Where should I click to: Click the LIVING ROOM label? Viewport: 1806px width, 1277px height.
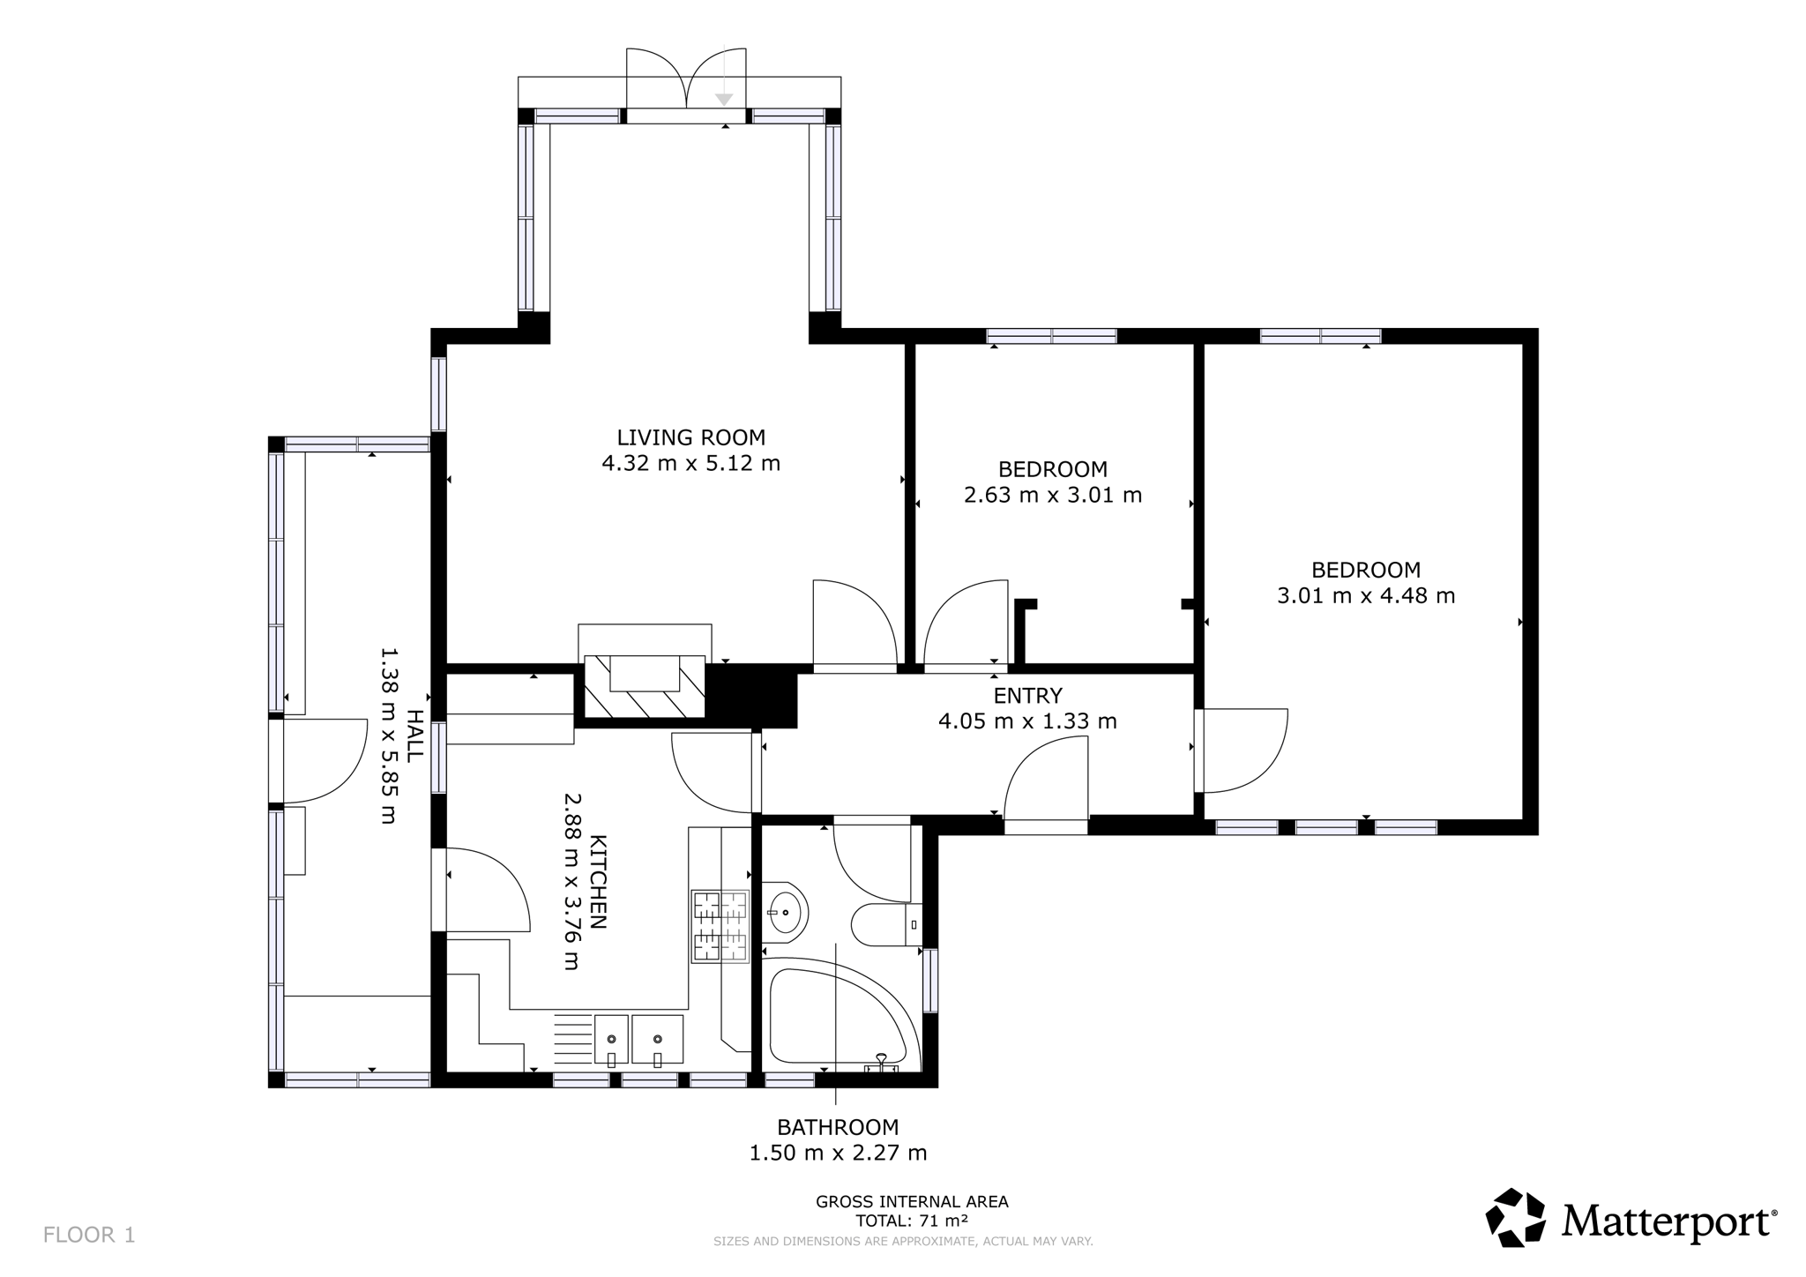point(690,437)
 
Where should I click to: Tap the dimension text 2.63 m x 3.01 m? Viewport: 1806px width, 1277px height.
point(1053,495)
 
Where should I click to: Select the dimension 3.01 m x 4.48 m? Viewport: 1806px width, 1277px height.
point(1366,595)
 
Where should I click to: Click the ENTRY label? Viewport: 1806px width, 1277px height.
point(1027,696)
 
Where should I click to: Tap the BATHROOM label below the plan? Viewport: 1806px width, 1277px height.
point(838,1127)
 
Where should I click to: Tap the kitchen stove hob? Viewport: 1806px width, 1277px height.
point(720,926)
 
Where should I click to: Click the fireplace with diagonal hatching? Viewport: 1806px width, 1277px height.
point(645,686)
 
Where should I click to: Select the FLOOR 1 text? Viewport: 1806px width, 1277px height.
point(89,1235)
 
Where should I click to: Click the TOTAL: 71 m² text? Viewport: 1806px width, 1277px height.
point(912,1221)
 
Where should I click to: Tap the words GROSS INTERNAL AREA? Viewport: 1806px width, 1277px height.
point(912,1201)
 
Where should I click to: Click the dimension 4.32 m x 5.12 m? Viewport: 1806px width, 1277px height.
point(690,463)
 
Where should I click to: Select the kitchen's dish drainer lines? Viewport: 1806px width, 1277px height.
point(573,1038)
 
